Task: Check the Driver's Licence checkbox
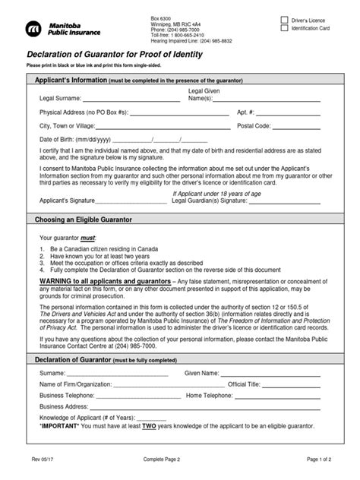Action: click(284, 19)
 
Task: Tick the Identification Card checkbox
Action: click(284, 28)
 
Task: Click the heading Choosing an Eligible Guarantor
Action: click(84, 219)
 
